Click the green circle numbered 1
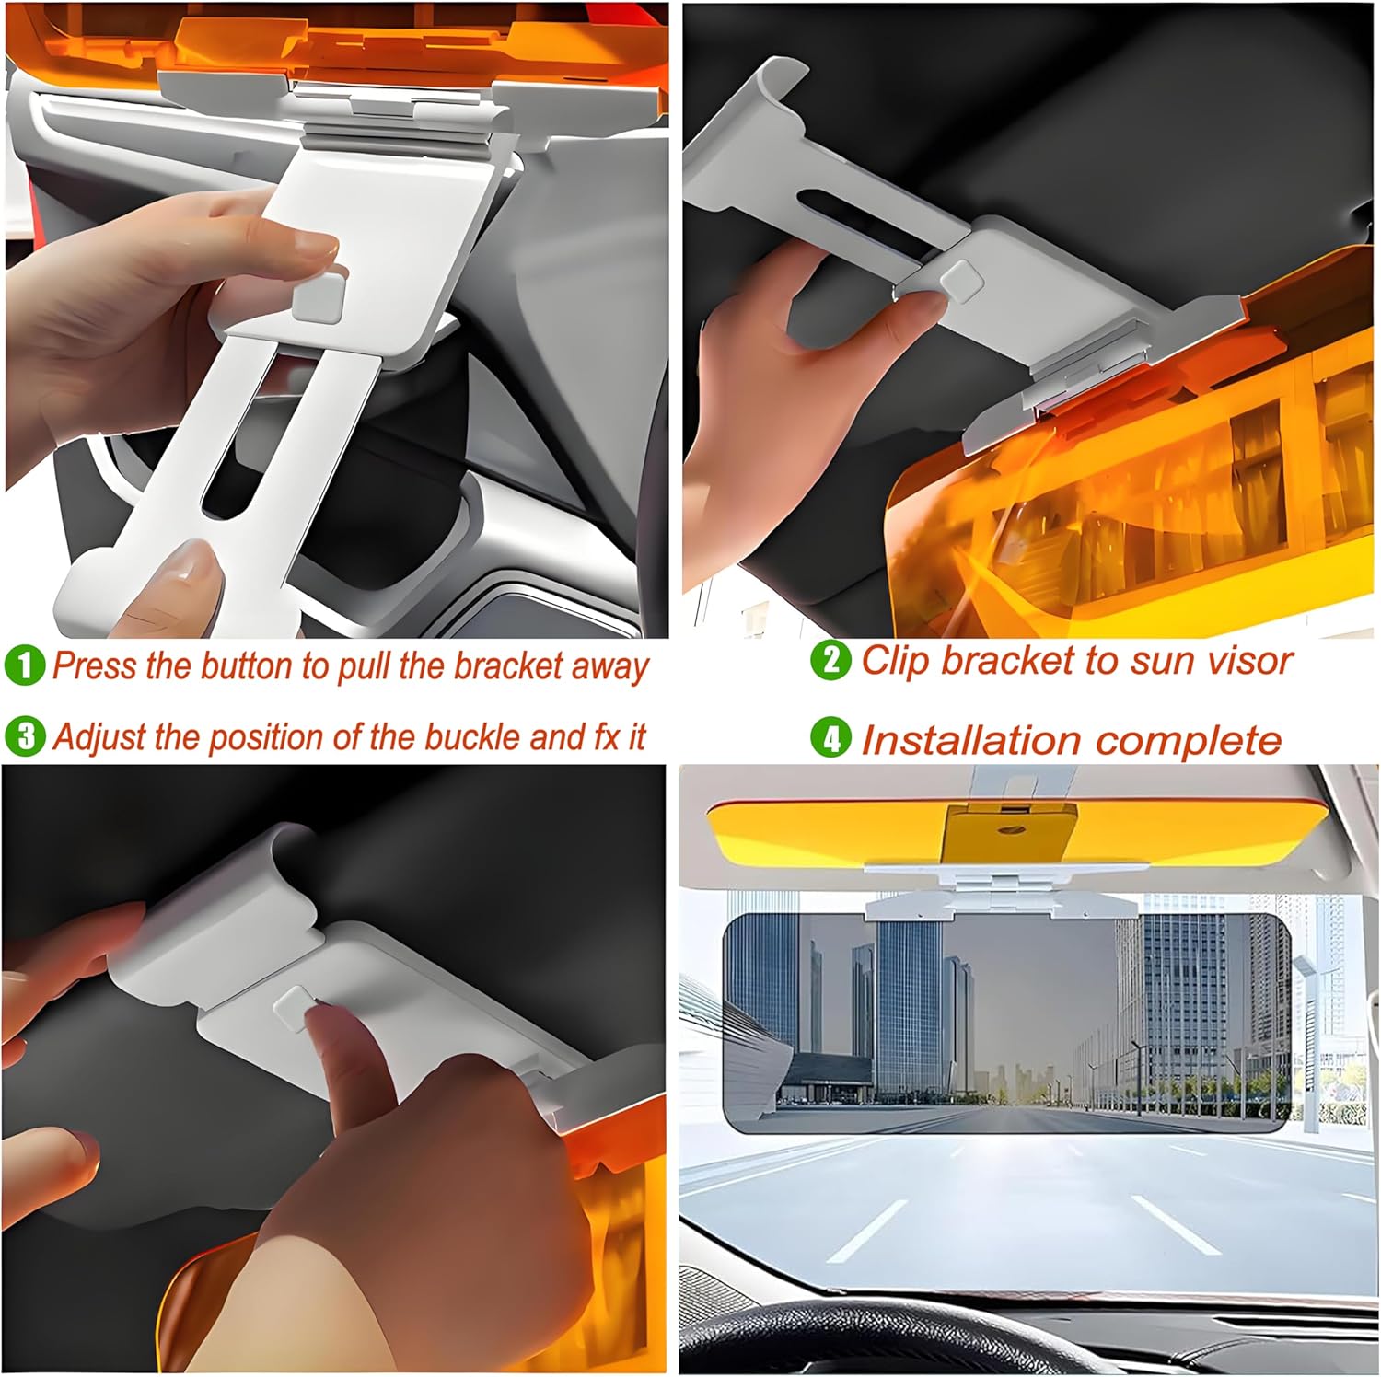(24, 665)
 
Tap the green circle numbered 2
(830, 661)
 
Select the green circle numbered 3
(24, 736)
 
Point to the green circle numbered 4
(830, 739)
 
